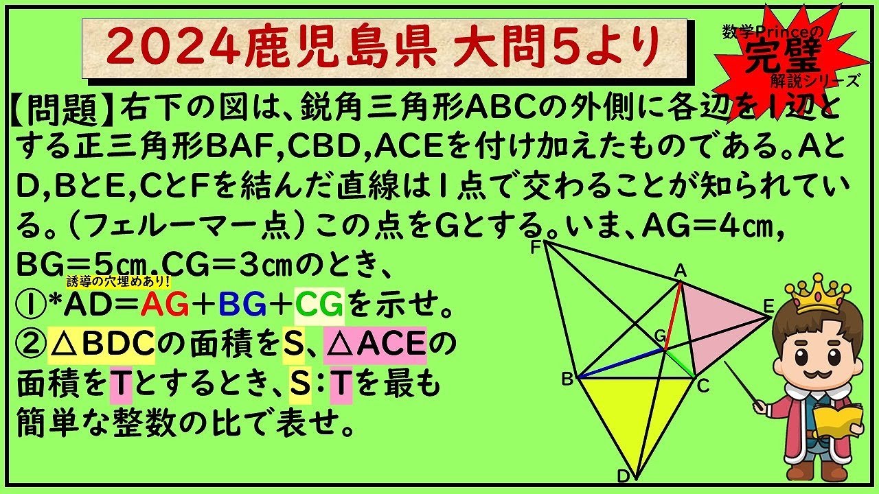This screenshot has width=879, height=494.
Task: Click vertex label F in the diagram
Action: coord(536,247)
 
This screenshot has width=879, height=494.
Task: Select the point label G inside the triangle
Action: coord(659,336)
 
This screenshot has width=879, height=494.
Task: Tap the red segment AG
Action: coord(673,316)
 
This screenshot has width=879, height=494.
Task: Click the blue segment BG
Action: coord(621,364)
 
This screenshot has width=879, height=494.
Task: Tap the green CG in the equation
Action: coord(321,306)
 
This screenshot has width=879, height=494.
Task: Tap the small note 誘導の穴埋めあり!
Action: coord(118,281)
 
